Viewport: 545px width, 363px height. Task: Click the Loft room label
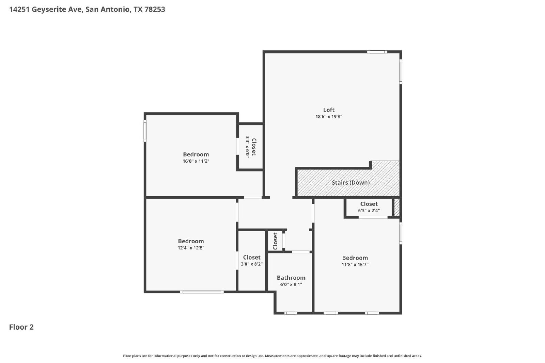(329, 110)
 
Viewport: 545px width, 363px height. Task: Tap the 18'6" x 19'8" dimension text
(329, 117)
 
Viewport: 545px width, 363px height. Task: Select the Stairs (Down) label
(351, 182)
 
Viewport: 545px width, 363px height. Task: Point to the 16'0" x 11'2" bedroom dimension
(196, 161)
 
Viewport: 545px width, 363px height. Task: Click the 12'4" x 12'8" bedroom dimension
(191, 248)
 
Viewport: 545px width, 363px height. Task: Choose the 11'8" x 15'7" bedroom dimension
(355, 265)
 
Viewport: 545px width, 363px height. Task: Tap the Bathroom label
(291, 278)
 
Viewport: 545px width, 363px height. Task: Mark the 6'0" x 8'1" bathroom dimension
(291, 284)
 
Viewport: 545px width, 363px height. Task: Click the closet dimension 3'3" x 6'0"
(247, 147)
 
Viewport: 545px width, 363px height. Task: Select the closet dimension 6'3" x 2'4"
(369, 210)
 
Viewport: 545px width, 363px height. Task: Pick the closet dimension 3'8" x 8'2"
(252, 264)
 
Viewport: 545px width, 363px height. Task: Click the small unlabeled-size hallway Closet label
(275, 241)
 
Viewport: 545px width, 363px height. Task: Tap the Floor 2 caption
(21, 327)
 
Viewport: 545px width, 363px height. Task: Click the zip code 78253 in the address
(155, 10)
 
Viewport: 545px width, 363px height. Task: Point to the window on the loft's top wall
(377, 52)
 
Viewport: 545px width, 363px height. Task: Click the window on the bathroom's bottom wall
(291, 313)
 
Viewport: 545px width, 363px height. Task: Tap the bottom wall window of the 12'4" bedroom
(202, 292)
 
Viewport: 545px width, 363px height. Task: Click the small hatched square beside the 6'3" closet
(397, 207)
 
